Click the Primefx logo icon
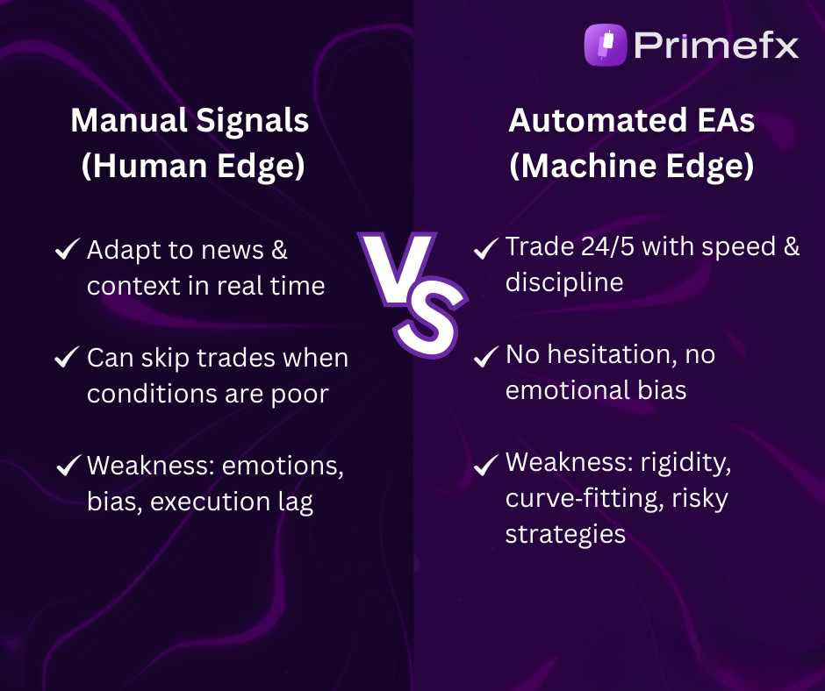[606, 45]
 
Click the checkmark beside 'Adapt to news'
[68, 251]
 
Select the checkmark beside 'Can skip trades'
[68, 359]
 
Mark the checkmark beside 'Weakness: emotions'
[68, 466]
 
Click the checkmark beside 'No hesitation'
[485, 356]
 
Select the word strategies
[565, 534]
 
